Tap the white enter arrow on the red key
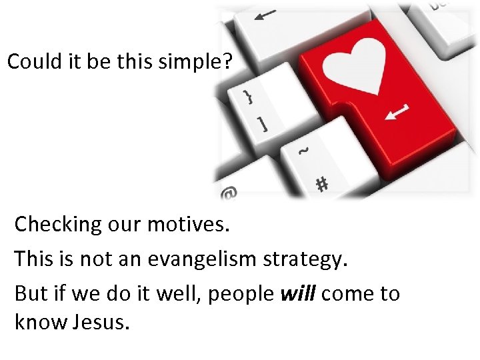tap(398, 112)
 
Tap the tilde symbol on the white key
tap(303, 152)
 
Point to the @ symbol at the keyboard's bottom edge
tap(229, 194)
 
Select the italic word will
tap(298, 293)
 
